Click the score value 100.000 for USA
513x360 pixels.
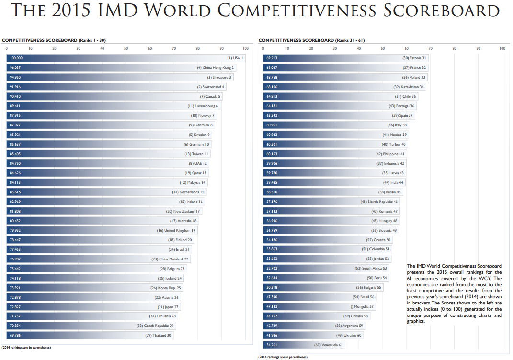pos(16,58)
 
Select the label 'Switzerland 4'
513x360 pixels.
pos(213,87)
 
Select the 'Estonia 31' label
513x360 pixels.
pos(417,58)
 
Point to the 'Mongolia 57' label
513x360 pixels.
pos(364,307)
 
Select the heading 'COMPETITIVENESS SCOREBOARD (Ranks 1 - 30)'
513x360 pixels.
pos(54,40)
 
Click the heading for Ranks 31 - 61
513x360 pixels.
pos(311,40)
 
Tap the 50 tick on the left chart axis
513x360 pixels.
pos(126,48)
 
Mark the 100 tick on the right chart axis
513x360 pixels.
pos(502,48)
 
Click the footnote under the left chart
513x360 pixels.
pos(26,347)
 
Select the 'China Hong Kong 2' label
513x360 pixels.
pos(218,68)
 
